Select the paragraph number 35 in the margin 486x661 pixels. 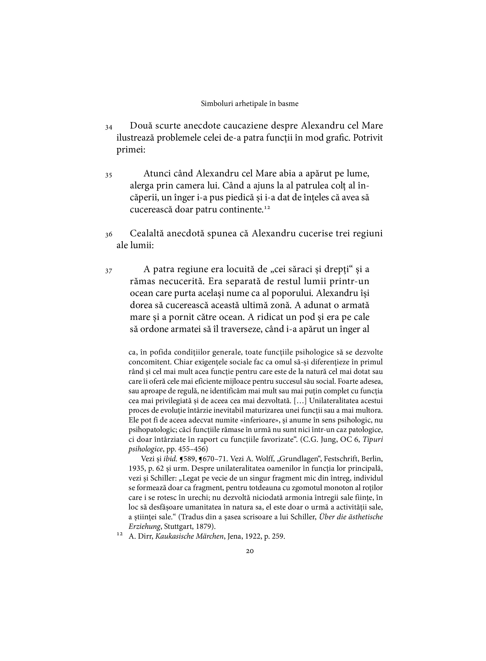(x=108, y=175)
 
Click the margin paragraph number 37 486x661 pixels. (x=108, y=271)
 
